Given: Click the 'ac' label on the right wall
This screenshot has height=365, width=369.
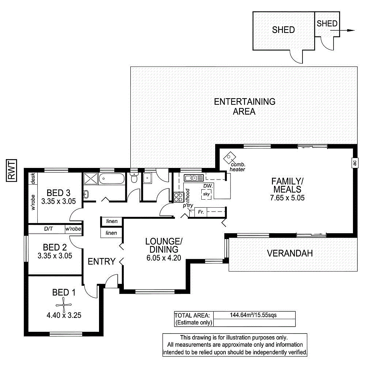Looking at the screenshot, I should tap(354, 163).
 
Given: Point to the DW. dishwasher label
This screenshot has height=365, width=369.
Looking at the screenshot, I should tap(208, 186).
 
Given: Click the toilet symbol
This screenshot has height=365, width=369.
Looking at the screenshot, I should tap(134, 178).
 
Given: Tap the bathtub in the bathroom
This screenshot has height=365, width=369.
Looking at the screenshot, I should tap(112, 179).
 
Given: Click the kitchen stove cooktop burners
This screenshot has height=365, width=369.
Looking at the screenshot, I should tap(178, 197).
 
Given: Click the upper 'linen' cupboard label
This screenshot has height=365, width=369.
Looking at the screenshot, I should tap(112, 222).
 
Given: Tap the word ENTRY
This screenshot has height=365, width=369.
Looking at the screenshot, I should tap(102, 261).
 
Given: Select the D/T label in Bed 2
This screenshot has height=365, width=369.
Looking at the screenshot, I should tap(48, 229).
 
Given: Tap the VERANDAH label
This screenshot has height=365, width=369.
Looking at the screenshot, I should tap(289, 253).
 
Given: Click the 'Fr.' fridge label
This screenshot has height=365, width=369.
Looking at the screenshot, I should tap(201, 212).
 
